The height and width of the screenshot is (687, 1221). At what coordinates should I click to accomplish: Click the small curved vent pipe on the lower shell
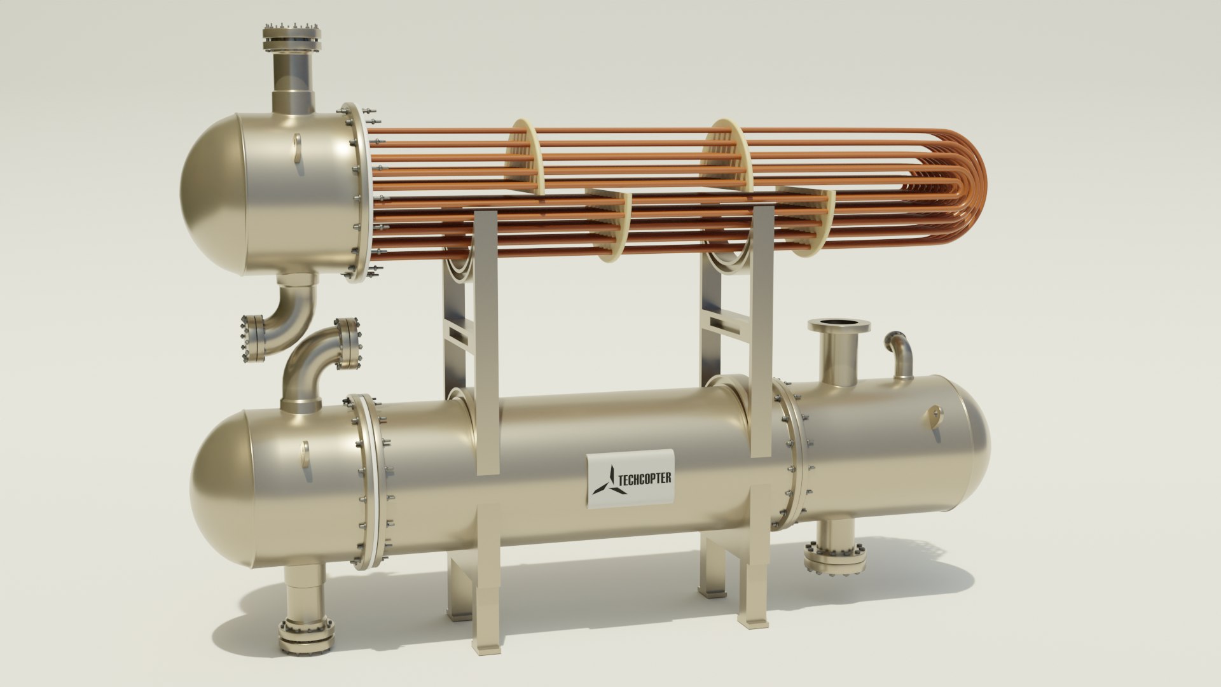(x=901, y=354)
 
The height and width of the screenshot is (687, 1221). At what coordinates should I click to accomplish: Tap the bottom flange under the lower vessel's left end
(x=305, y=635)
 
